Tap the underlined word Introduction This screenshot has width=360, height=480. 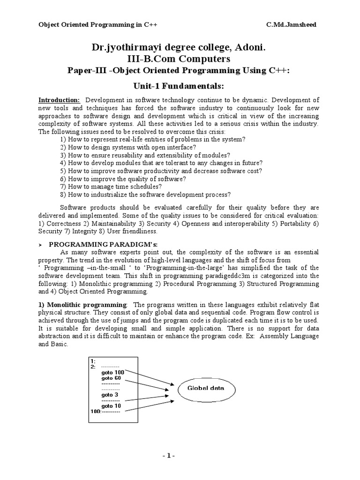59,100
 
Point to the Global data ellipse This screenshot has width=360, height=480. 206,388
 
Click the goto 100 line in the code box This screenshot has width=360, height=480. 112,372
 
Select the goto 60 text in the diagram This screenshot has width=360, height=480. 111,378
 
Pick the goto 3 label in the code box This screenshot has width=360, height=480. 109,395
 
